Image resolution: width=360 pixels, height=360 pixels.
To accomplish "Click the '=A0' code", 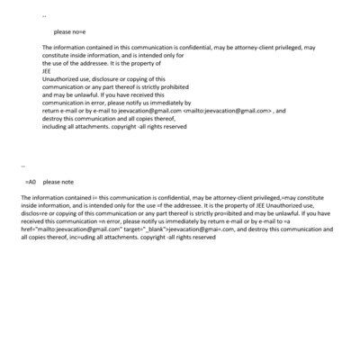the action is [x=30, y=182].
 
